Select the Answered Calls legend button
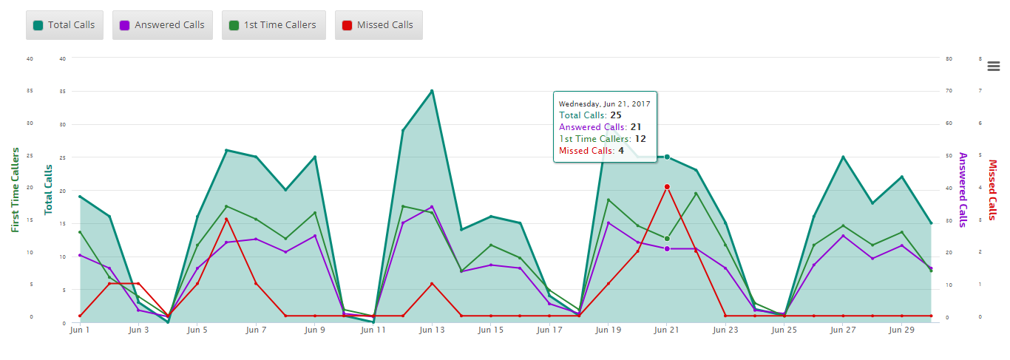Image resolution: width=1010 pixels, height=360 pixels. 162,25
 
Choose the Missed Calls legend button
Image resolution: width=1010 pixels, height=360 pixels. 378,25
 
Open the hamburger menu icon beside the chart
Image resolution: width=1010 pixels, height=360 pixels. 993,66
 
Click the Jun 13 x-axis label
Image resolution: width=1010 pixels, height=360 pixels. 432,330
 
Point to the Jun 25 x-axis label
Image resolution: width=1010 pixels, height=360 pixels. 784,330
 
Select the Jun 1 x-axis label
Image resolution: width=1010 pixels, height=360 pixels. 80,330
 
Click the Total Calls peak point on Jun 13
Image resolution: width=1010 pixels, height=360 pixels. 432,91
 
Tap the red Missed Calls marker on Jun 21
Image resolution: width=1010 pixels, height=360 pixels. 667,187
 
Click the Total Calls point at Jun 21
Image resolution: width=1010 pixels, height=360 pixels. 667,157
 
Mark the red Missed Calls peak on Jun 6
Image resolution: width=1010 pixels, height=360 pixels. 226,219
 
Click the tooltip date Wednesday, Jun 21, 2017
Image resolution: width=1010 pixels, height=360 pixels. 603,103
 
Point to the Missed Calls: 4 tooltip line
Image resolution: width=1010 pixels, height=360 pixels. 592,151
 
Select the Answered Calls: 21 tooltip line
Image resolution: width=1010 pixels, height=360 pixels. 600,127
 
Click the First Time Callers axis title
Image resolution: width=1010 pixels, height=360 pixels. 15,189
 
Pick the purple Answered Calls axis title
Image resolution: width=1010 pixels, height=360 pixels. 963,189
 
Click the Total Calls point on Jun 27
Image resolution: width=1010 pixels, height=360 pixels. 842,157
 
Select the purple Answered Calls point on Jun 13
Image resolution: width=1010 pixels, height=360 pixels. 432,207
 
